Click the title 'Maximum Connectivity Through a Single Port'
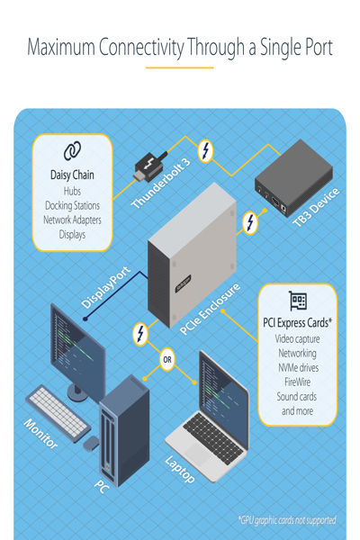click(180, 47)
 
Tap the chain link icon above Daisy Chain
click(72, 150)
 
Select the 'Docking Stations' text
click(72, 205)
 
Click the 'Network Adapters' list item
click(72, 220)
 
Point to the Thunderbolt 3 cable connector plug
click(145, 166)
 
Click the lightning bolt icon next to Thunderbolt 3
click(205, 150)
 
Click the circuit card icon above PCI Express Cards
click(297, 301)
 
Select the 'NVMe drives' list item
click(297, 368)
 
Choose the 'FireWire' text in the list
click(297, 382)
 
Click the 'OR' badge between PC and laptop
click(166, 362)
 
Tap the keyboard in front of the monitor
click(58, 412)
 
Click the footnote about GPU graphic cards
click(288, 520)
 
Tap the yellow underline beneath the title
click(180, 67)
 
